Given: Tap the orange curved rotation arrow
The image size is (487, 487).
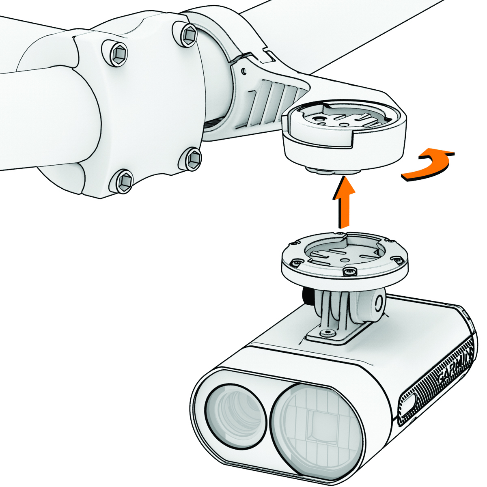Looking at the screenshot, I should [426, 166].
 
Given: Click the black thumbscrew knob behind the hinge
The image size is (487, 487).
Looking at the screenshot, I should [307, 295].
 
